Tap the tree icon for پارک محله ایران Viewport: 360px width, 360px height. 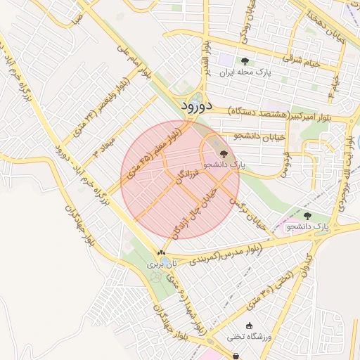pos(245,61)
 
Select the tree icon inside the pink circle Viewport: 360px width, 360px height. pos(224,153)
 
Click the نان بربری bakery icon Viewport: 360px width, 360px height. pos(162,254)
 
